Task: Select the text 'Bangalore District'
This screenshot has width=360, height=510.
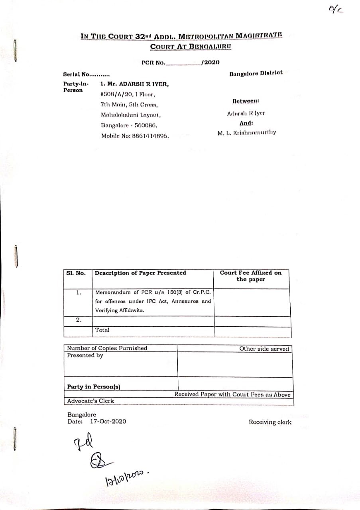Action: [x=256, y=73]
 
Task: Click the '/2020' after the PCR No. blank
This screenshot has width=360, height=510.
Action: [x=210, y=62]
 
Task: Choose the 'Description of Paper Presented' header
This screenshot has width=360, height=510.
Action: [x=140, y=273]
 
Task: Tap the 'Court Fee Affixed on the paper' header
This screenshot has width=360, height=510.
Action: [x=250, y=276]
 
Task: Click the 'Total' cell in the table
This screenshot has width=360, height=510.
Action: [x=102, y=330]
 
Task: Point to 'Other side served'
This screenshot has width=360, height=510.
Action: [x=264, y=349]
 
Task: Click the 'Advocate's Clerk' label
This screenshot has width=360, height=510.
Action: [x=90, y=401]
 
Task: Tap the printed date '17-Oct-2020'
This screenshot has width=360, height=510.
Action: [x=108, y=421]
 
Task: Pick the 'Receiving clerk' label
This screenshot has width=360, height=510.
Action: [x=270, y=422]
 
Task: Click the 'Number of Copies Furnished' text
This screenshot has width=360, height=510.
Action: [x=107, y=348]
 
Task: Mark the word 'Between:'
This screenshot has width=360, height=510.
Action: [x=246, y=102]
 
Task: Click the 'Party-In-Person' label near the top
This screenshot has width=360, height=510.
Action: [x=73, y=87]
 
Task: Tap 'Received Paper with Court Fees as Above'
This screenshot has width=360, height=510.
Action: [x=232, y=395]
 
